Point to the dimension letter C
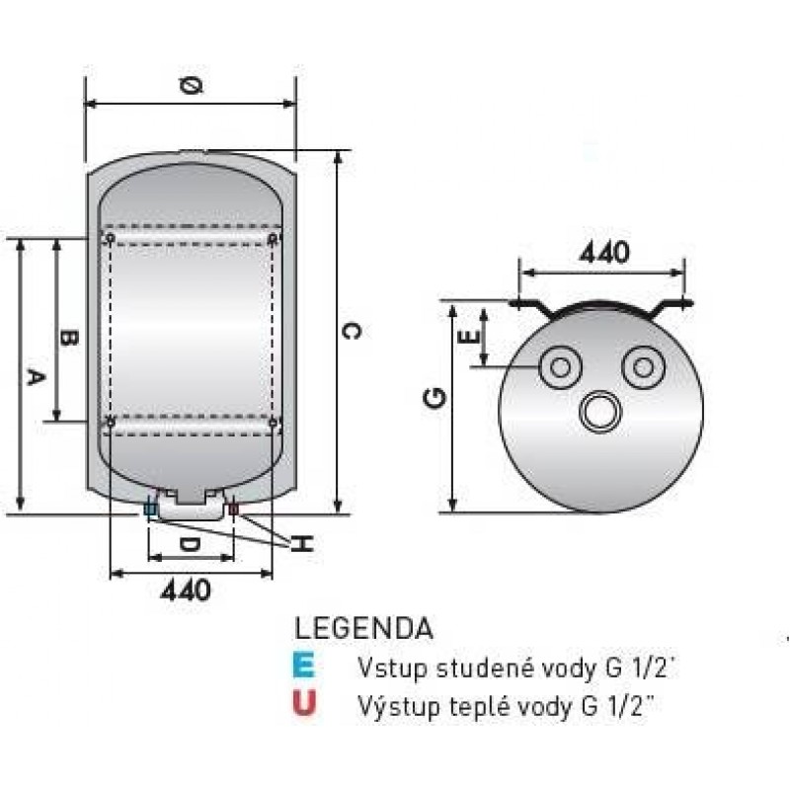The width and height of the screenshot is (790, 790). click(x=351, y=332)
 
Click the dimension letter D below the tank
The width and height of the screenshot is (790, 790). click(x=190, y=544)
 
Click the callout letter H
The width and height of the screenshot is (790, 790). click(x=304, y=543)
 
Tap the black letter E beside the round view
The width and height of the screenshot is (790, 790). click(x=471, y=337)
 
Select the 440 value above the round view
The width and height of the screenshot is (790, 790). click(x=604, y=253)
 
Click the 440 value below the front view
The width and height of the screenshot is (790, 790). click(x=185, y=591)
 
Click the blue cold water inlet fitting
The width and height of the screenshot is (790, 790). click(x=151, y=511)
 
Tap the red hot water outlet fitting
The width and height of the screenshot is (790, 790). click(x=233, y=511)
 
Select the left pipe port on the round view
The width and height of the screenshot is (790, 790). click(x=560, y=368)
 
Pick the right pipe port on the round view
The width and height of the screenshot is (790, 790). click(x=643, y=368)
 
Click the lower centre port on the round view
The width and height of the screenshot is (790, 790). click(x=600, y=411)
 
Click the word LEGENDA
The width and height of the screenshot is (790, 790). click(x=363, y=628)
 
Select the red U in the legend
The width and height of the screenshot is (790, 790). click(x=305, y=703)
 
